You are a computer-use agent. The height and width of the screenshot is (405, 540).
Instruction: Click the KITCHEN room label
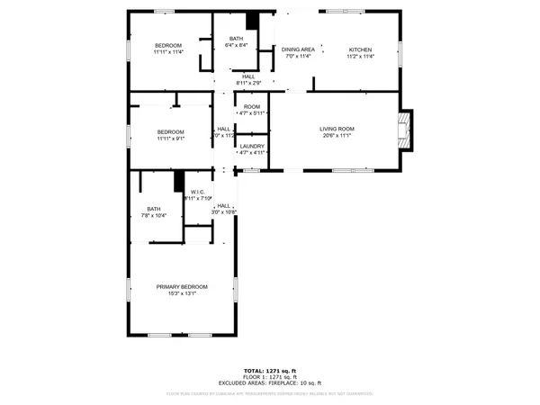360,49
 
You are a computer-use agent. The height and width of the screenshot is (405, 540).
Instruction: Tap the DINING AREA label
297,49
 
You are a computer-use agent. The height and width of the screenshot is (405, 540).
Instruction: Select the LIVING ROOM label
337,129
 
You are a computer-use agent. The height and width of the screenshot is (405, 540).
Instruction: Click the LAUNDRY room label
252,146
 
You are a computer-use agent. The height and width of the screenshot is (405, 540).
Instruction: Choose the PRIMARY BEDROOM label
182,287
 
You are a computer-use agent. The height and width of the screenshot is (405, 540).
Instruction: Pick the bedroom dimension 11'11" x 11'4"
168,53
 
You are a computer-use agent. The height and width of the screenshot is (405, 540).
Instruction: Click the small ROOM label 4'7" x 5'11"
252,107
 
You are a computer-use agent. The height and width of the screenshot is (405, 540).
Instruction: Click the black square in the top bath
253,20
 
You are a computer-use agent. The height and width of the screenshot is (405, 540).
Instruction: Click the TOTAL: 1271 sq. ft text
269,371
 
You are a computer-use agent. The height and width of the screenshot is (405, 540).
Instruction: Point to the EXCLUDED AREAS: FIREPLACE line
269,383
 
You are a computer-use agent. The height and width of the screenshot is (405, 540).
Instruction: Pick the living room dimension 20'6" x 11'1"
337,137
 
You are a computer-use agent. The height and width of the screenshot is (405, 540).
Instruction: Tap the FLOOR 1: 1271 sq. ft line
269,377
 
